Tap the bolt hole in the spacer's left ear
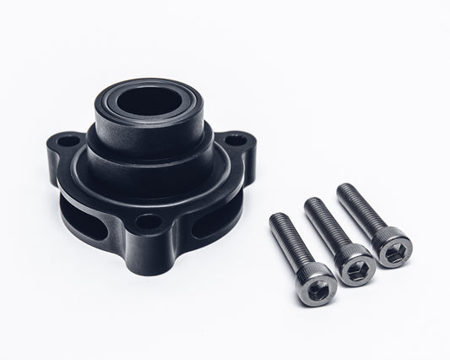click(71, 140)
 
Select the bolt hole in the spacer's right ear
click(240, 138)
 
